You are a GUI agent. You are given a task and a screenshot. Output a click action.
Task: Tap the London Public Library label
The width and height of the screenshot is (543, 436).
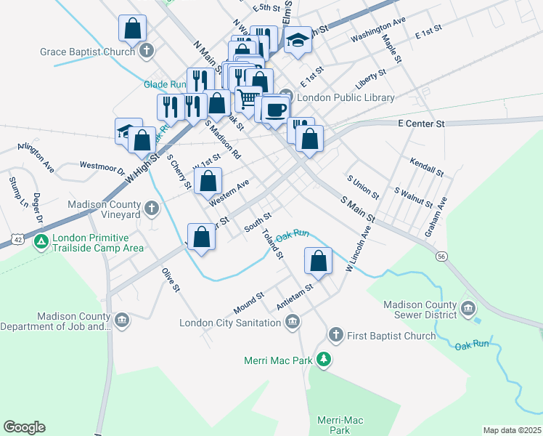(346, 97)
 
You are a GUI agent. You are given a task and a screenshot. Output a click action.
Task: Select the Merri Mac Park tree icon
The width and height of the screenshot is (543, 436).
(325, 360)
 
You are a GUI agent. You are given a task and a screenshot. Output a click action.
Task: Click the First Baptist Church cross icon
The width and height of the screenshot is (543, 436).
(335, 335)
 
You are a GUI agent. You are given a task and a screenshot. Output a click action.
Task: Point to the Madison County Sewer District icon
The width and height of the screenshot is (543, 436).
(468, 308)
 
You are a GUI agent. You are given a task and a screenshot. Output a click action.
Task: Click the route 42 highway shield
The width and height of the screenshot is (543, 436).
(17, 238)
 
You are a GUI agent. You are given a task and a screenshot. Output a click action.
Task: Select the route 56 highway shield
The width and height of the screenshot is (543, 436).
(441, 256)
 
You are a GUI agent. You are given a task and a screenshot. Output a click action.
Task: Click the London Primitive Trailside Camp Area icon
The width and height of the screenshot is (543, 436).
(41, 241)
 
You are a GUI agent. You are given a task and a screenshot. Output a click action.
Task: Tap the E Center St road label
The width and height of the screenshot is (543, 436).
(422, 124)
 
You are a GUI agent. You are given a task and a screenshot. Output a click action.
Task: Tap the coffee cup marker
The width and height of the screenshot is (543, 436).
(275, 110)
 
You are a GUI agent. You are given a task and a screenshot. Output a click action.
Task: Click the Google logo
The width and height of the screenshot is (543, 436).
(24, 427)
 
